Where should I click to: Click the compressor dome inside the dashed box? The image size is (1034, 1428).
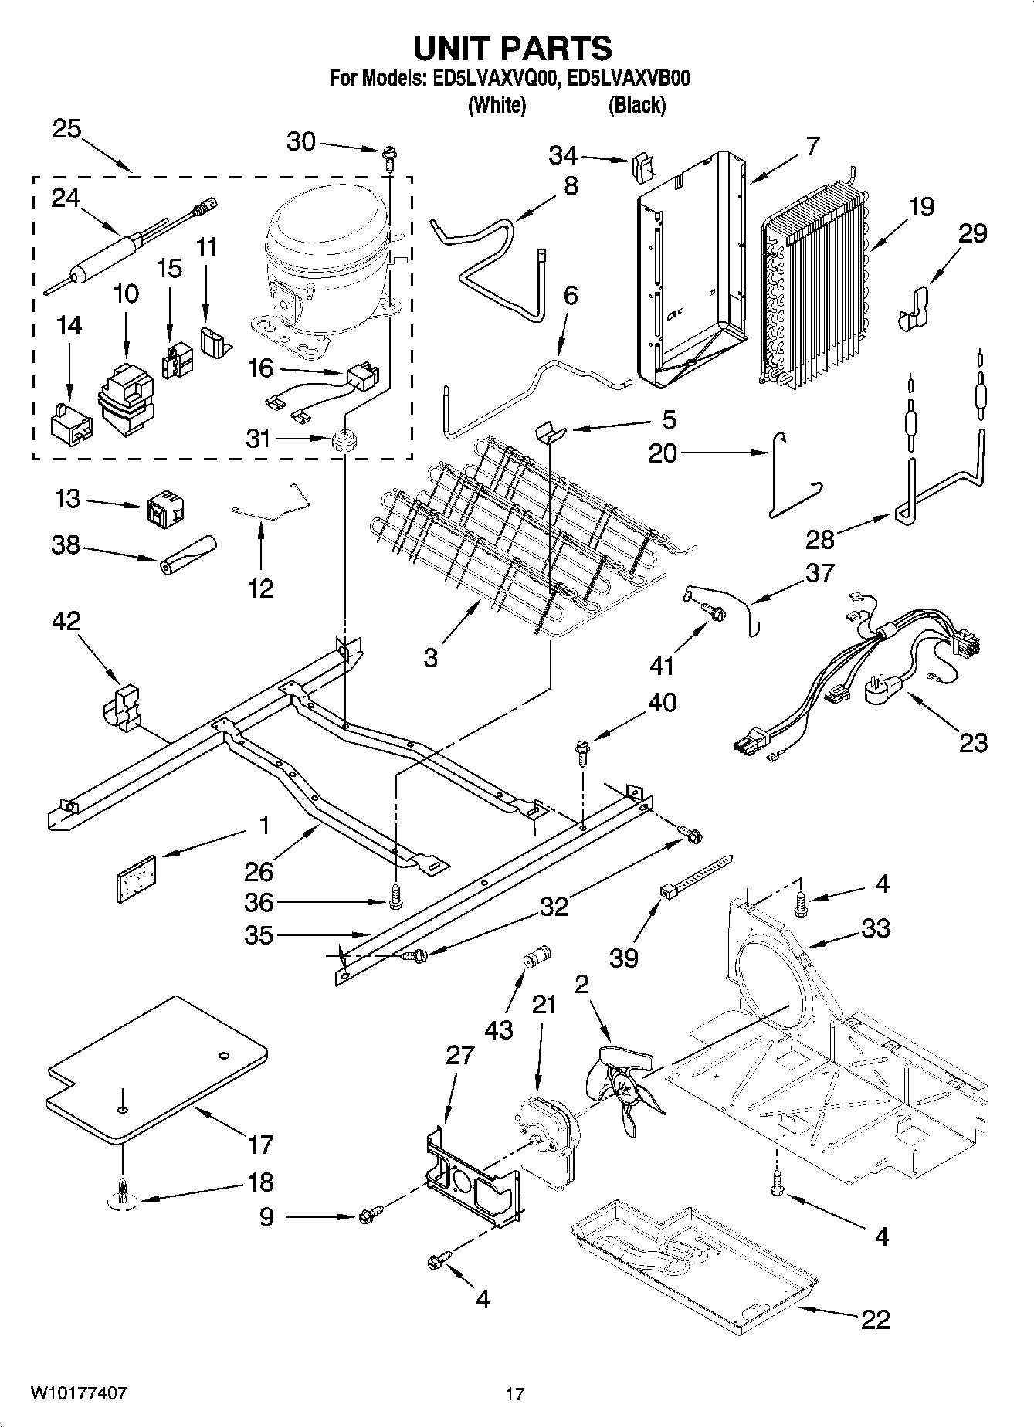tap(324, 232)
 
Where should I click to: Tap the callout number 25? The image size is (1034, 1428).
tap(67, 129)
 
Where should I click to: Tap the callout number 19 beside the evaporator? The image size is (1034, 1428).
tap(921, 207)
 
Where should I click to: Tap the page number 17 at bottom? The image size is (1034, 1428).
tap(515, 1394)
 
